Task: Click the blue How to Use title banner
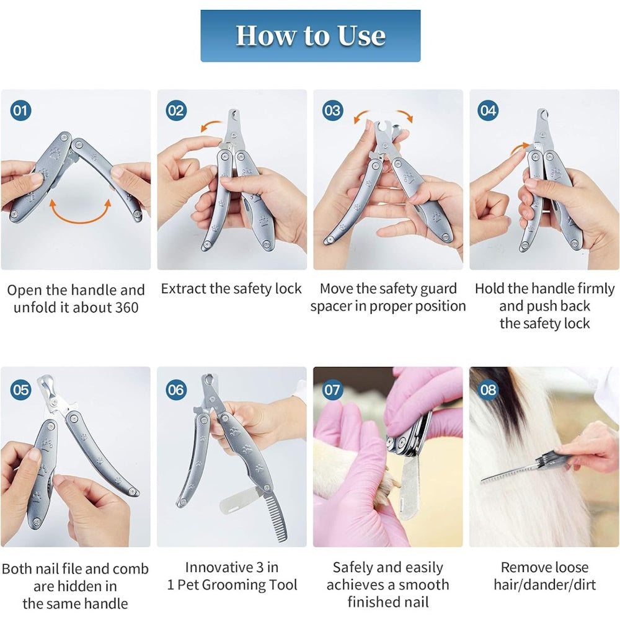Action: click(x=311, y=36)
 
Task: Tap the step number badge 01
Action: click(x=20, y=111)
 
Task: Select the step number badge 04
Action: click(x=488, y=111)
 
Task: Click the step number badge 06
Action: click(x=176, y=390)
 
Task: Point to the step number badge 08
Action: click(x=488, y=390)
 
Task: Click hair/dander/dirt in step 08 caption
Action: click(x=544, y=585)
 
